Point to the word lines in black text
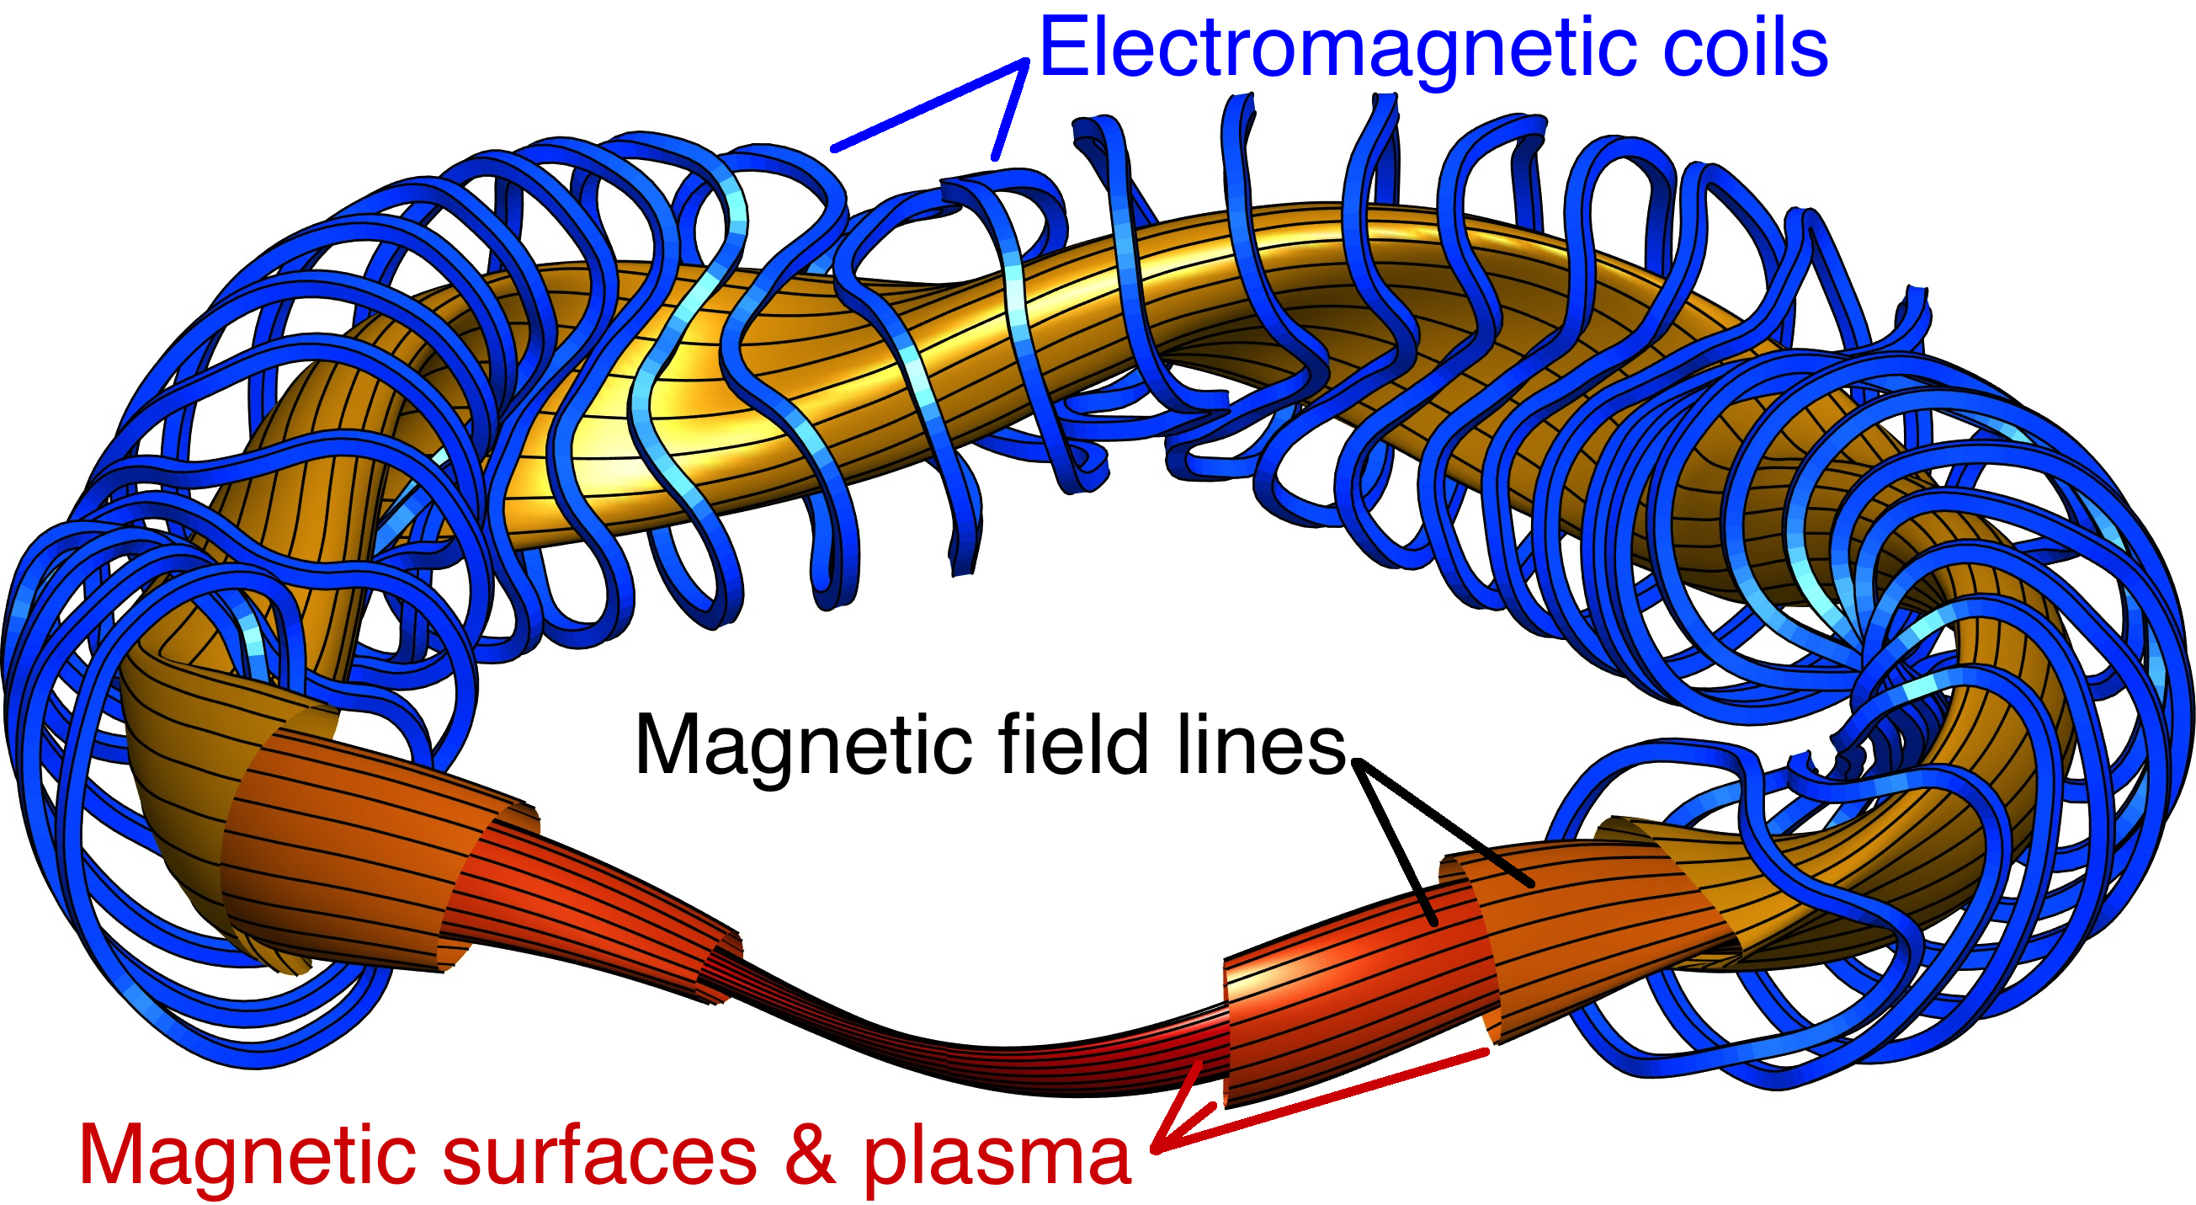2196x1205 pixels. pyautogui.click(x=1262, y=744)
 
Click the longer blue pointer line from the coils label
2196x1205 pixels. pyautogui.click(x=929, y=106)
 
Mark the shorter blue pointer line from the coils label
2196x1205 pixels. pyautogui.click(x=1010, y=109)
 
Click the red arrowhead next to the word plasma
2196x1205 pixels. pyautogui.click(x=1181, y=1109)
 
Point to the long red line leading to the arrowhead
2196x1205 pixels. pyautogui.click(x=1321, y=1101)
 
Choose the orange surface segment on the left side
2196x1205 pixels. pyautogui.click(x=358, y=845)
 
